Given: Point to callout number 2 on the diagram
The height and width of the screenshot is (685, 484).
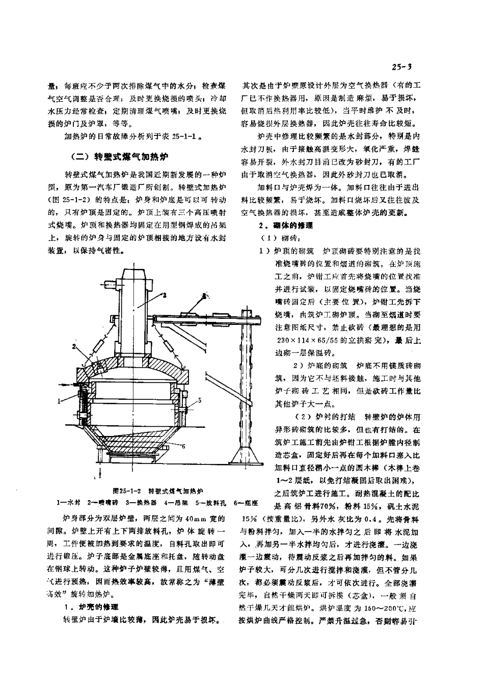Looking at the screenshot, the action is (74, 346).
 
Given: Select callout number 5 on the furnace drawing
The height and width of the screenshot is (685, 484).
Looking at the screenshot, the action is (200, 401).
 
